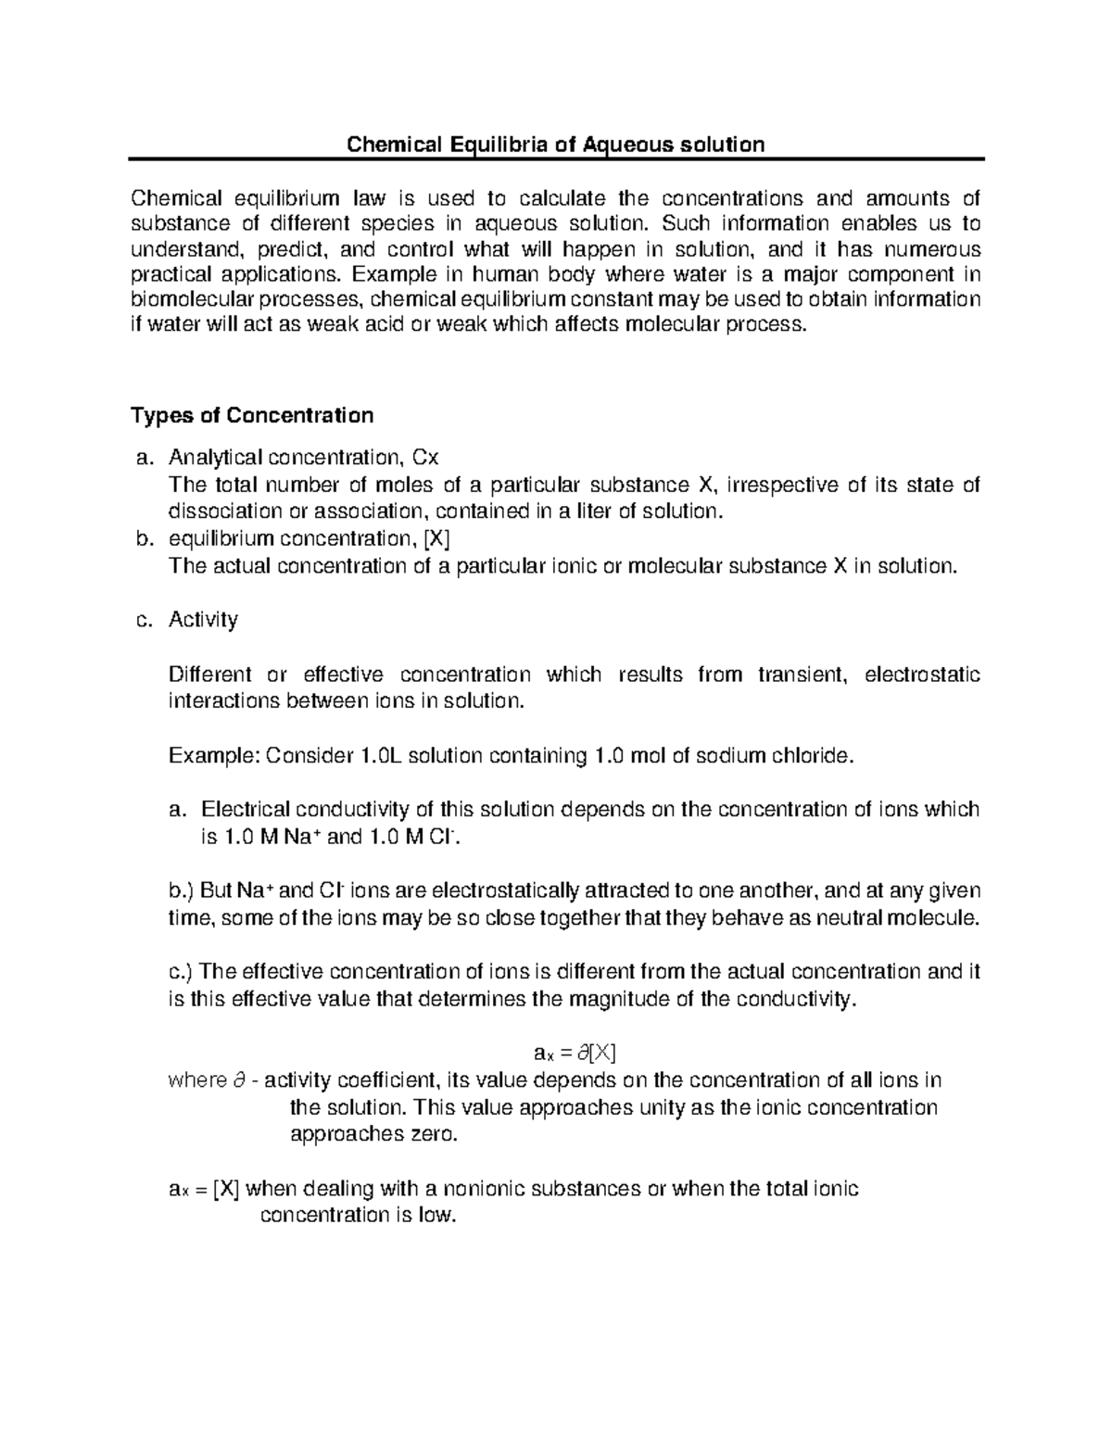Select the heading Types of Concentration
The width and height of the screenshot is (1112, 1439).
252,414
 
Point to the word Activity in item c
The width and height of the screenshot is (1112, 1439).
203,619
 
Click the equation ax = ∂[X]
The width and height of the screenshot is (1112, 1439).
575,1053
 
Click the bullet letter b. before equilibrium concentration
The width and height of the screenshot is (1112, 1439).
142,539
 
